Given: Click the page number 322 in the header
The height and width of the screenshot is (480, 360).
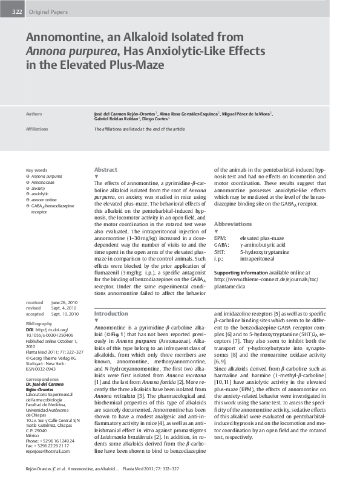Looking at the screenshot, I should click(17, 11).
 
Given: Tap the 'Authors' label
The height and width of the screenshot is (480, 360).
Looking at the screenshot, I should click(34, 113).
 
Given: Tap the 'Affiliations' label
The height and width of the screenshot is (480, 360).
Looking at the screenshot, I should click(37, 129).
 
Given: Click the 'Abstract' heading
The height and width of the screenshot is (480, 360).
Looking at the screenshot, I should click(106, 170).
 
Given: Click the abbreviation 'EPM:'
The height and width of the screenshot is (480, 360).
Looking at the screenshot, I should click(220, 239).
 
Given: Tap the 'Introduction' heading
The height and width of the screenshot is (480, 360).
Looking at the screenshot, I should click(111, 314).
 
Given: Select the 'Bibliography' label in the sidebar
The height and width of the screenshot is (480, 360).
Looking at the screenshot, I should click(39, 324).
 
